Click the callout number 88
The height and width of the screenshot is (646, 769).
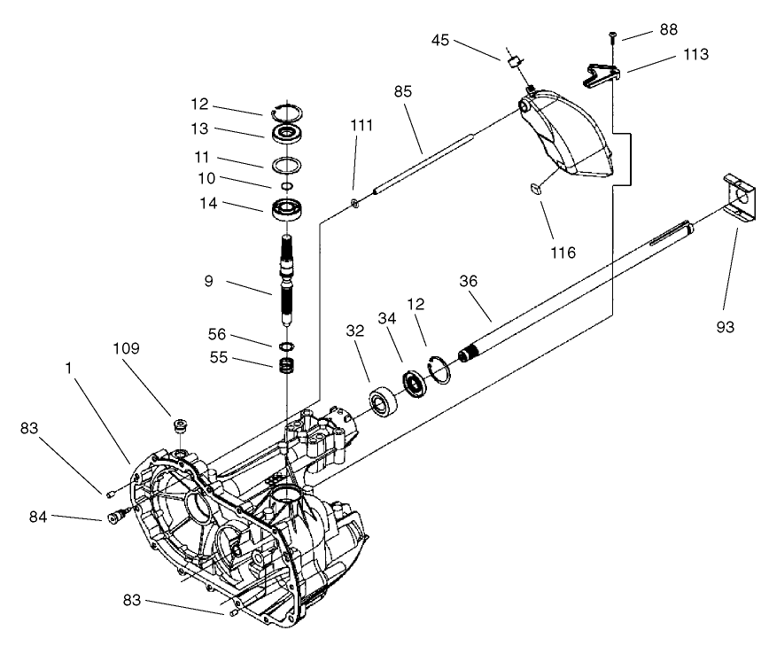[668, 29]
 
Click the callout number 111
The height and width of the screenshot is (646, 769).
[361, 127]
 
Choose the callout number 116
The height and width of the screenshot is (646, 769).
[562, 253]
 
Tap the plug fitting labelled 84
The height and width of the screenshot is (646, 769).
[116, 515]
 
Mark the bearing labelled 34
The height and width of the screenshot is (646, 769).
[413, 384]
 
